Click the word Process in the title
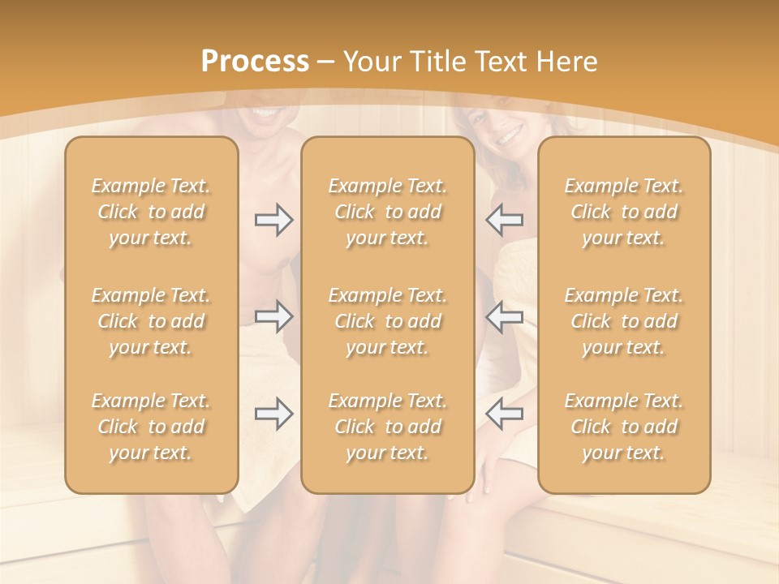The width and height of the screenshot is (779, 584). (x=255, y=62)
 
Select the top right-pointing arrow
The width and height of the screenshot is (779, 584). (x=273, y=220)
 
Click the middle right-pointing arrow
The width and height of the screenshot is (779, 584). (x=273, y=316)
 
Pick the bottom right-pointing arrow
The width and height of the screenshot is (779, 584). (x=273, y=414)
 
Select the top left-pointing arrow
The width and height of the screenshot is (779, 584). (x=504, y=220)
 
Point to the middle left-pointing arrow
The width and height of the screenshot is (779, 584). (x=504, y=316)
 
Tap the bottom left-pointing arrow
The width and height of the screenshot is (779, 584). (x=504, y=414)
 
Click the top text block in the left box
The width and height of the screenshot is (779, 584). (x=151, y=212)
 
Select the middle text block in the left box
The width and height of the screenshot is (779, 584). (x=151, y=321)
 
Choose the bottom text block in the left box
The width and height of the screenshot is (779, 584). (x=151, y=427)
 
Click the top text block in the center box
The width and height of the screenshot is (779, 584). (x=387, y=212)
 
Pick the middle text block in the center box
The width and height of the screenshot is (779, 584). (x=387, y=321)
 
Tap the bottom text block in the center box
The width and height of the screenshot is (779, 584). (x=387, y=427)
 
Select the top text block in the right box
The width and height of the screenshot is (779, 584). (x=623, y=212)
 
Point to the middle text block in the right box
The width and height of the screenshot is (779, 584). (x=623, y=321)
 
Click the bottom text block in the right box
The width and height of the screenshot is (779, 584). (x=623, y=427)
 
